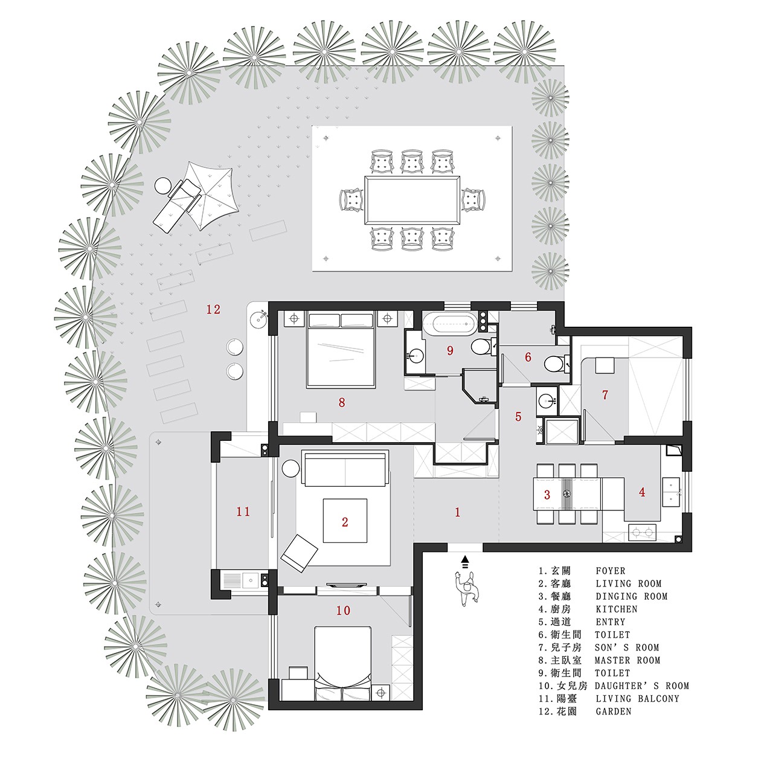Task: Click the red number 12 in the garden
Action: point(213,309)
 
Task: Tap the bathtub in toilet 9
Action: point(450,324)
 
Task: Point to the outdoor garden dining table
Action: point(413,200)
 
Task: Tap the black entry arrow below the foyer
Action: point(465,561)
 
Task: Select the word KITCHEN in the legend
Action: point(617,609)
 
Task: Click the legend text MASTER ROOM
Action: point(628,660)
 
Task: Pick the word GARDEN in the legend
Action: point(614,711)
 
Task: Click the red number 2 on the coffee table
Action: point(345,522)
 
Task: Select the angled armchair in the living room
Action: point(299,553)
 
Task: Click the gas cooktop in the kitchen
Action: point(643,533)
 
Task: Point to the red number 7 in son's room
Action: point(605,394)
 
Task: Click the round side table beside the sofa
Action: point(291,468)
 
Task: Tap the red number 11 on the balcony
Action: point(243,512)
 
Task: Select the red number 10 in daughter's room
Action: point(343,611)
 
